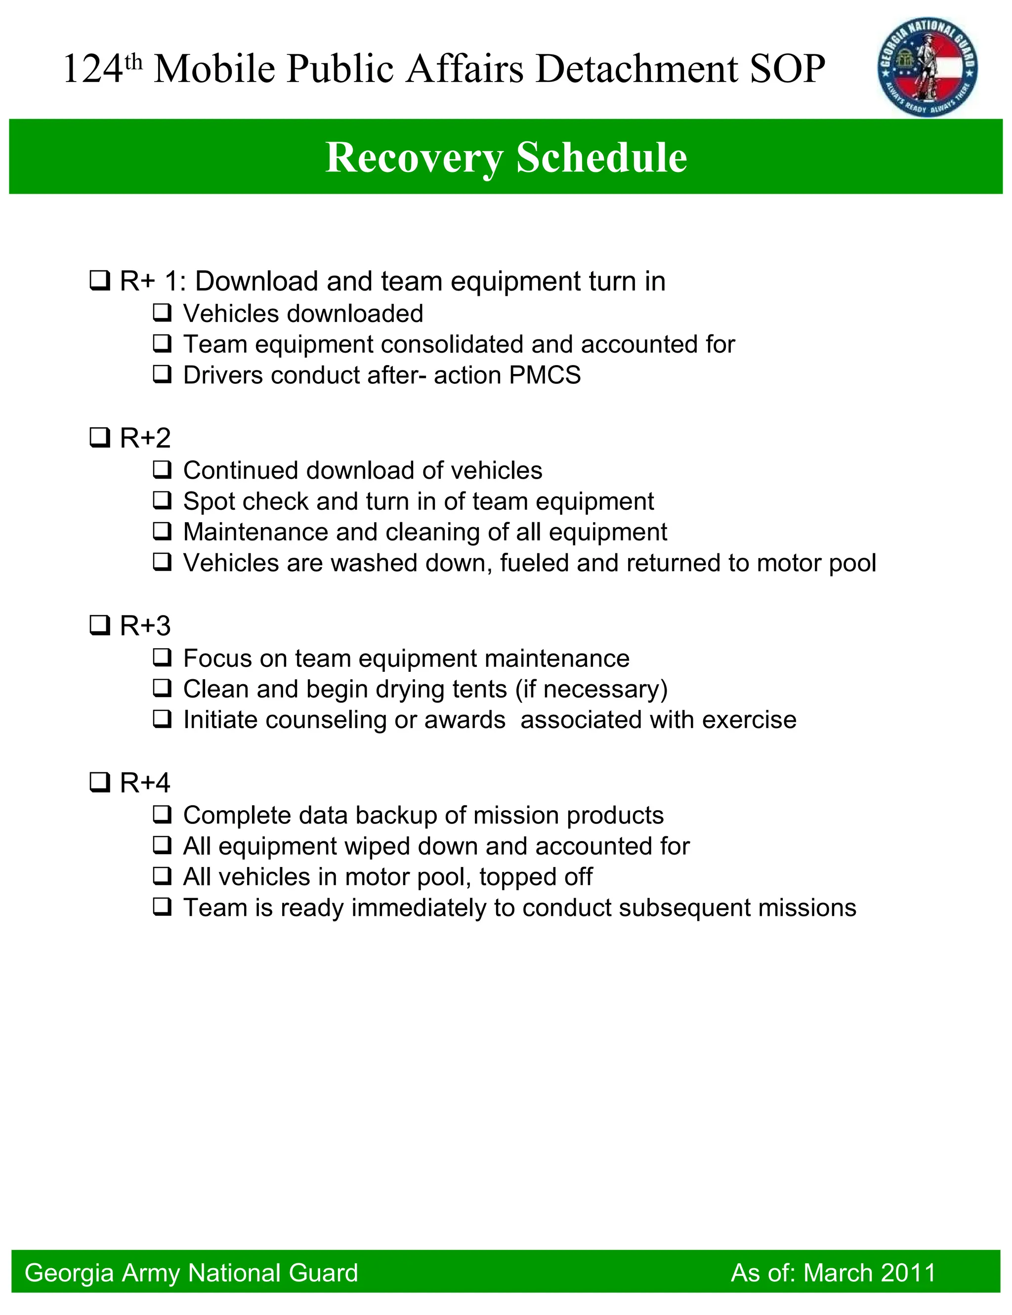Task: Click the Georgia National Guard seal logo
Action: point(927,67)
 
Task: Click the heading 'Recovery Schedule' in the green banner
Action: point(506,157)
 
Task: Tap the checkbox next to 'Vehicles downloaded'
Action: point(162,313)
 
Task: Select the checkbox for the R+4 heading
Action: point(99,783)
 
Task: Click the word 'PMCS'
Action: point(545,375)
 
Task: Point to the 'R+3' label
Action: point(145,626)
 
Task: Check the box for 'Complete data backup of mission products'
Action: point(162,815)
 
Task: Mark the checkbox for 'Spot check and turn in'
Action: point(162,500)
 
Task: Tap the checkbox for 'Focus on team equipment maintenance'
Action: point(162,657)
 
